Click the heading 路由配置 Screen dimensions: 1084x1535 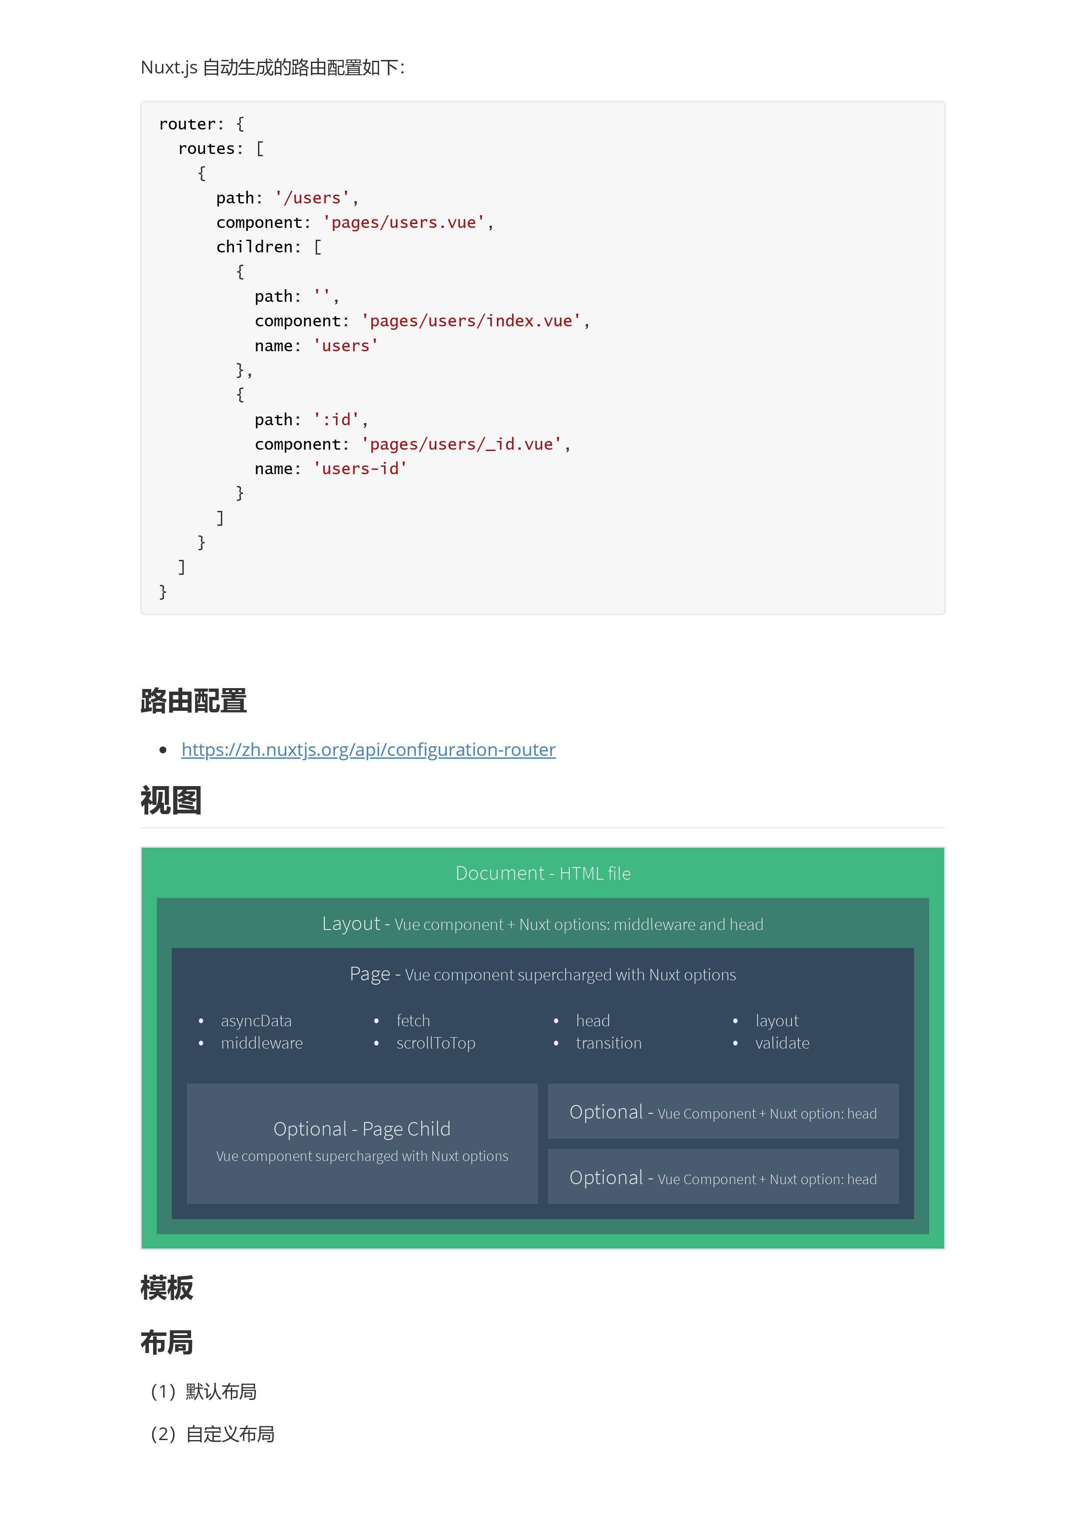[x=194, y=701]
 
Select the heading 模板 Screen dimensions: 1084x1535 [x=167, y=1288]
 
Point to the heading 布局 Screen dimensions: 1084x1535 [x=167, y=1343]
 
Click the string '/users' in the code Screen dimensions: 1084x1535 [x=312, y=198]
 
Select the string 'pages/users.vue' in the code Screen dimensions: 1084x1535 [x=404, y=223]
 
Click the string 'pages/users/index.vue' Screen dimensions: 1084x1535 [x=471, y=321]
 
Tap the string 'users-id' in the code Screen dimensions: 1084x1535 [x=360, y=469]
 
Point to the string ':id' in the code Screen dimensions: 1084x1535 [x=336, y=420]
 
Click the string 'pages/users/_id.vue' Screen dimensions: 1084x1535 [x=462, y=444]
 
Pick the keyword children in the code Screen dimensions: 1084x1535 [x=254, y=247]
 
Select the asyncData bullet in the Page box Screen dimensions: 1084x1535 [x=256, y=1021]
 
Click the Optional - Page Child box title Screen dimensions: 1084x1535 [x=362, y=1129]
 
